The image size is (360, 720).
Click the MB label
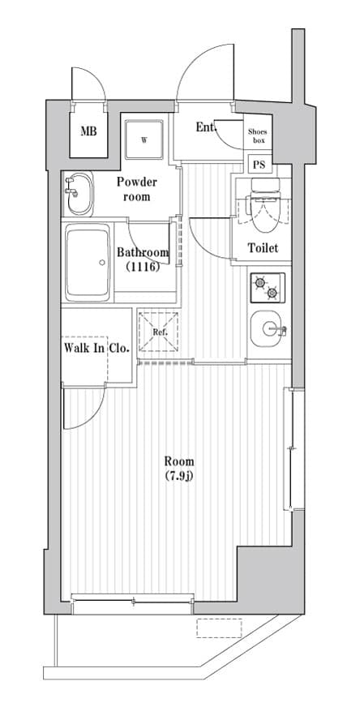[x=88, y=131]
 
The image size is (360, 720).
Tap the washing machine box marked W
[x=144, y=139]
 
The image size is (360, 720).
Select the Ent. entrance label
[x=206, y=127]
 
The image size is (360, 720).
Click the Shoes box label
[x=257, y=135]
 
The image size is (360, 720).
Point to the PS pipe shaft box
[x=259, y=165]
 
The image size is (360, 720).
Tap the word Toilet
[x=262, y=247]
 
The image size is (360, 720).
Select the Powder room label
[x=136, y=189]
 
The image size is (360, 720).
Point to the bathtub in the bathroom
[x=88, y=261]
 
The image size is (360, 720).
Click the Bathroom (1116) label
[x=142, y=259]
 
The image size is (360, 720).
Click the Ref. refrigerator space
[x=159, y=332]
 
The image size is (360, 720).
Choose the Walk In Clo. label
[x=96, y=349]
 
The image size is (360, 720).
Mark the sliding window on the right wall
[x=290, y=450]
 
